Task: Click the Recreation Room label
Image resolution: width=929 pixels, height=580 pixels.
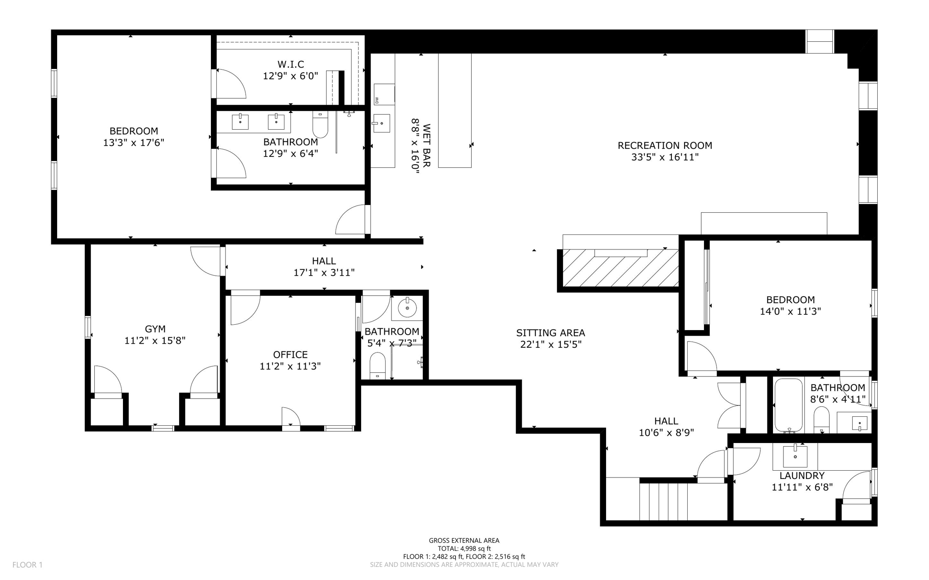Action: click(x=665, y=146)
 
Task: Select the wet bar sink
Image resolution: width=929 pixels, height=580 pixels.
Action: click(x=382, y=123)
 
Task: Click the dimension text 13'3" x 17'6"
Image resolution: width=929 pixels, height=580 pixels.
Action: click(x=133, y=143)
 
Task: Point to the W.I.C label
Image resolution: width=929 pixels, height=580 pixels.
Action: click(x=291, y=64)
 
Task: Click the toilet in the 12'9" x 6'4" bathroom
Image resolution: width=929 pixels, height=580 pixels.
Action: click(x=320, y=126)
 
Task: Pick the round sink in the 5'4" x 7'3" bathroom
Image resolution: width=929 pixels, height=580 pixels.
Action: click(x=407, y=309)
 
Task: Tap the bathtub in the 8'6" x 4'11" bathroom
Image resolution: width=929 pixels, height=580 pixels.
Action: click(x=788, y=405)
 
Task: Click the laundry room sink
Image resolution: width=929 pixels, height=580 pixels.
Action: click(x=795, y=457)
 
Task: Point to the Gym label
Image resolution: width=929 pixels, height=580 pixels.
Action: click(x=155, y=329)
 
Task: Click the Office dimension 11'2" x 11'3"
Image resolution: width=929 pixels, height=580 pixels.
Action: click(x=290, y=366)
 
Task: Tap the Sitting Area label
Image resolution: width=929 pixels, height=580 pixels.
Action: click(x=550, y=333)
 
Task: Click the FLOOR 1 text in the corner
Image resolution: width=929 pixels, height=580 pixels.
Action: click(x=27, y=565)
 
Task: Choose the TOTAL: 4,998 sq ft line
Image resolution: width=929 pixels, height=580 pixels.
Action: click(x=464, y=549)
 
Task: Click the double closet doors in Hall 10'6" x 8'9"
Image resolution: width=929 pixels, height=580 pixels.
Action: click(x=730, y=405)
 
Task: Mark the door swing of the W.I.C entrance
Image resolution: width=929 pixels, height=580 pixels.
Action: click(x=230, y=84)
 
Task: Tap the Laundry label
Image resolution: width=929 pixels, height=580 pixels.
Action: click(x=802, y=476)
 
